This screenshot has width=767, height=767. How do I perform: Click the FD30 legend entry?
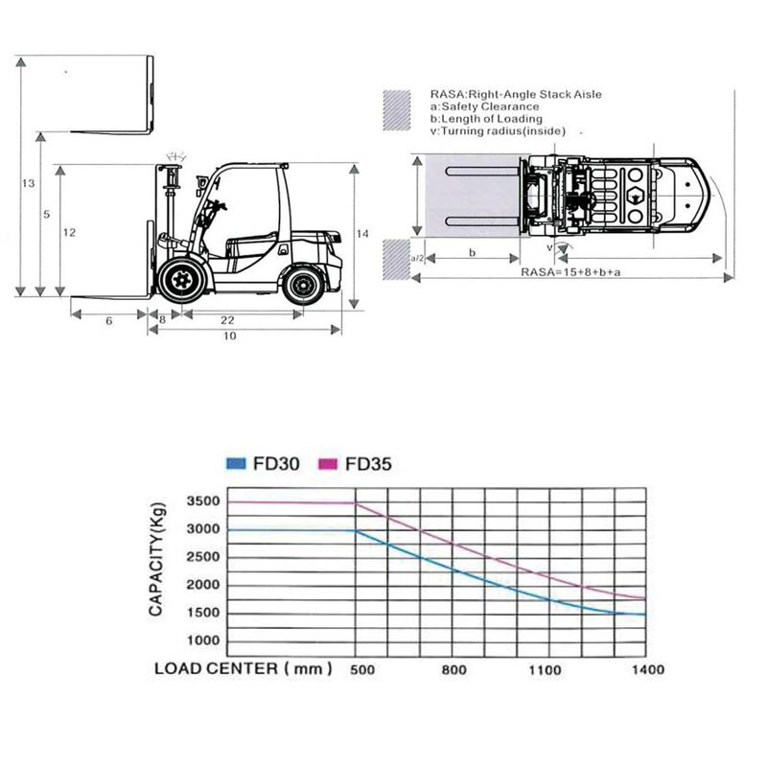(264, 464)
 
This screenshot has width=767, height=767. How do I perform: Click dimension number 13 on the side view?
(28, 182)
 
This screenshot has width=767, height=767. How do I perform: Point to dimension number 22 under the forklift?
(229, 320)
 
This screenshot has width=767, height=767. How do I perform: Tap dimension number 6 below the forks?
(108, 320)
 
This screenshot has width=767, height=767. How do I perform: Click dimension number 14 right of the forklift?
(361, 233)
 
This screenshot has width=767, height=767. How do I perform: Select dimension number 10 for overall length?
(230, 337)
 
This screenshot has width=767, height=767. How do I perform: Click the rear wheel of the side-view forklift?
(306, 284)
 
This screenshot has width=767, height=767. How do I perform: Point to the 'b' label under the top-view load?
(472, 253)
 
